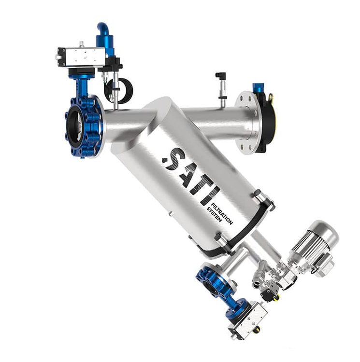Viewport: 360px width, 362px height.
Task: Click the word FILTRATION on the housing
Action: (222, 213)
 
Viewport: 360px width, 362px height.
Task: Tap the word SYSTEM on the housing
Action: (214, 214)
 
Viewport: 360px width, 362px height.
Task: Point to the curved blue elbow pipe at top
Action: (103, 29)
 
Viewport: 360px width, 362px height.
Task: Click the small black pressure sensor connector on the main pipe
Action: (220, 75)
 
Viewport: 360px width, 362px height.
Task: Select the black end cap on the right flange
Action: (267, 122)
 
